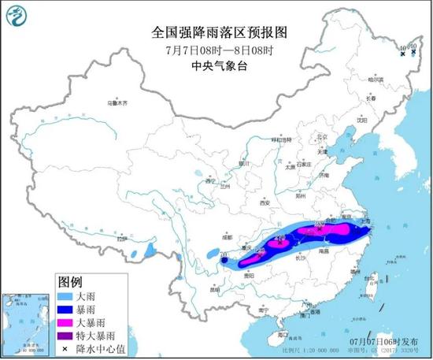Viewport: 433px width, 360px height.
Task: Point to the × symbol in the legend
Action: pyautogui.click(x=68, y=347)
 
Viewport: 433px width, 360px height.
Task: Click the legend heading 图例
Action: pyautogui.click(x=70, y=280)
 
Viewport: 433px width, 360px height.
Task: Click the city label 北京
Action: pyautogui.click(x=320, y=135)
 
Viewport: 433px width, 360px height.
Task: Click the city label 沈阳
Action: pyautogui.click(x=361, y=121)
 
